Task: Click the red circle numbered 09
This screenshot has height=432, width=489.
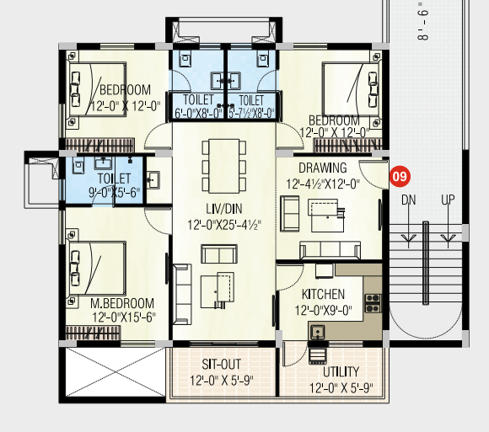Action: pyautogui.click(x=399, y=177)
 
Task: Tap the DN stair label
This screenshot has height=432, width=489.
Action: pyautogui.click(x=409, y=200)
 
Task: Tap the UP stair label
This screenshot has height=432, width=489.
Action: pyautogui.click(x=448, y=200)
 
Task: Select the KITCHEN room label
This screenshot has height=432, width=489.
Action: pyautogui.click(x=323, y=295)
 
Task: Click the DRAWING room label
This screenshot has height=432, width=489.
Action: pyautogui.click(x=323, y=168)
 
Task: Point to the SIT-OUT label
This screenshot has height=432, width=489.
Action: pyautogui.click(x=221, y=365)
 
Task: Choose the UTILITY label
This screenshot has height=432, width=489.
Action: pyautogui.click(x=341, y=372)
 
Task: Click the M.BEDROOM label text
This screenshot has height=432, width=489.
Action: pyautogui.click(x=122, y=303)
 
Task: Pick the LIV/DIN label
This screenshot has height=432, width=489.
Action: pyautogui.click(x=224, y=209)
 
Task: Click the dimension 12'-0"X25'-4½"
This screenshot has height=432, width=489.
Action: pyautogui.click(x=224, y=225)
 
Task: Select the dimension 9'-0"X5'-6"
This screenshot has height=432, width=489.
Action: pyautogui.click(x=115, y=193)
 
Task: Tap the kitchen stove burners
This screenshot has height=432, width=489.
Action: pyautogui.click(x=373, y=303)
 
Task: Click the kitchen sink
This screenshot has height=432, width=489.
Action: pyautogui.click(x=318, y=333)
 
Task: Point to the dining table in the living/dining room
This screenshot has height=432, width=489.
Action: pyautogui.click(x=224, y=167)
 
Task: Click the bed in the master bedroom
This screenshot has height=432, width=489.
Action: pyautogui.click(x=98, y=269)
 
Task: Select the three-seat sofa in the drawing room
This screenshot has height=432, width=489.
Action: pyautogui.click(x=330, y=250)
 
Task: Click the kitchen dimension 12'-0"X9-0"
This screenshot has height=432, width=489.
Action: pyautogui.click(x=324, y=310)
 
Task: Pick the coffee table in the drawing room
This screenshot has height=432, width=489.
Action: pyautogui.click(x=326, y=216)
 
